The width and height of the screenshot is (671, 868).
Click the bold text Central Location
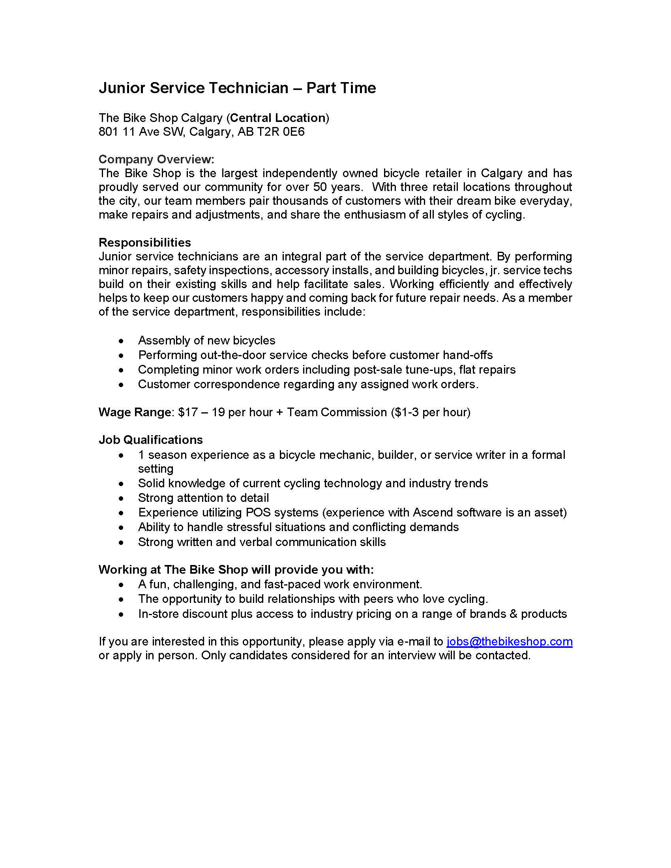point(278,118)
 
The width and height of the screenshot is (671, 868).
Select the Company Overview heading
point(156,159)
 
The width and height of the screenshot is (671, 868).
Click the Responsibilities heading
point(145,242)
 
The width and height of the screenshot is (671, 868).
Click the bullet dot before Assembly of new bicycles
point(121,341)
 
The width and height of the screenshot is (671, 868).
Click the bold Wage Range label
point(135,412)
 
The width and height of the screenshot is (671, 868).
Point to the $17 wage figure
point(187,412)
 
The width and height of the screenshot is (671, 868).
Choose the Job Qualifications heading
point(151,440)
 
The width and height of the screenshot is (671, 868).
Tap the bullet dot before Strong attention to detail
point(121,498)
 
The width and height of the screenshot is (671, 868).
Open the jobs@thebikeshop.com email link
point(509,642)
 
